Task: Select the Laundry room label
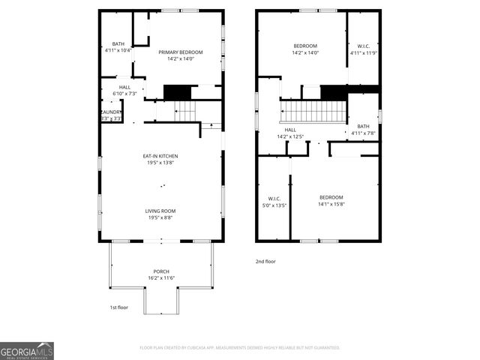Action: tap(110, 115)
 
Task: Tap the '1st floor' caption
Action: tap(118, 307)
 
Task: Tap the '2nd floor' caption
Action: tap(265, 262)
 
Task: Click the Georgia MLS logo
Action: tap(27, 351)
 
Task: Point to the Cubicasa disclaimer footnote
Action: tap(240, 347)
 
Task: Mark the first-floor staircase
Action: tap(184, 112)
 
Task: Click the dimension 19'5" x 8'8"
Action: tap(160, 217)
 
